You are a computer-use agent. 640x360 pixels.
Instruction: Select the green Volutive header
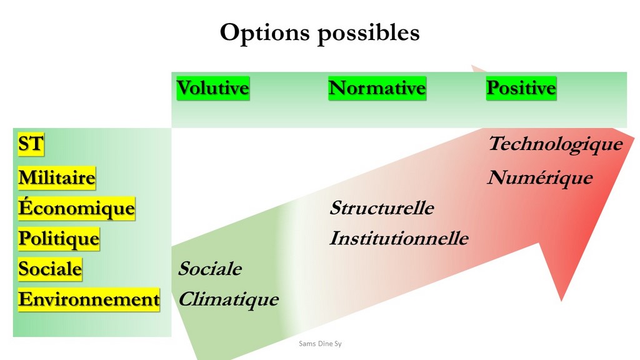point(212,88)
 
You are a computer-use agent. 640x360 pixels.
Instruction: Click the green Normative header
point(377,88)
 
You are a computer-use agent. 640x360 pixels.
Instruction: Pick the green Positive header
point(521,88)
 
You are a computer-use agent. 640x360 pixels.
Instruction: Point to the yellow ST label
point(31,144)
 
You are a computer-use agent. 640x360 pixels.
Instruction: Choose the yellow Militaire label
point(57,178)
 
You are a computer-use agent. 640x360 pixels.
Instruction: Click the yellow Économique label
point(76,209)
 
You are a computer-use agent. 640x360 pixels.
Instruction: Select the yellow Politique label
point(59,239)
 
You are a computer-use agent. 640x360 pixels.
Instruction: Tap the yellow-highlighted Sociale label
point(50,269)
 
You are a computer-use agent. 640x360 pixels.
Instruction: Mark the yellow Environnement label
point(89,300)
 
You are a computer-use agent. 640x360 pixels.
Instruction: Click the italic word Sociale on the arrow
point(210,269)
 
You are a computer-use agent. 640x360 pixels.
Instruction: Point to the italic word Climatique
point(229,300)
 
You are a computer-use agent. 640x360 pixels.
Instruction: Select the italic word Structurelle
point(382,208)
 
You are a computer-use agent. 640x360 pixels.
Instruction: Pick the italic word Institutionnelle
point(399,238)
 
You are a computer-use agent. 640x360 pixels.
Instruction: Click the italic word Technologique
point(556,144)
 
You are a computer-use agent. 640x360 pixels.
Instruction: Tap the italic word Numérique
point(540,178)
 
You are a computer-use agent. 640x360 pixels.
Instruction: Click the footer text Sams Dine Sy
point(320,344)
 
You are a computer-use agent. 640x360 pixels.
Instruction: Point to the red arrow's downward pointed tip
point(561,300)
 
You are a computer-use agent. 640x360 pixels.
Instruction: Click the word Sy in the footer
point(338,344)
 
